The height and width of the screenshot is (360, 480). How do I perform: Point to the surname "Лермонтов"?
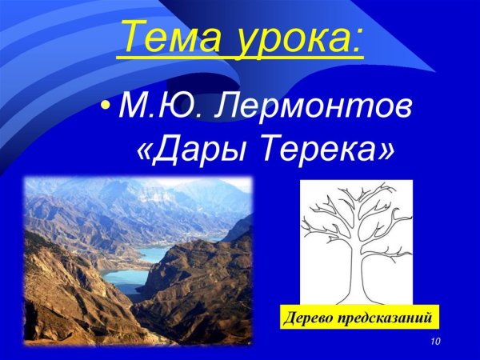coord(314,106)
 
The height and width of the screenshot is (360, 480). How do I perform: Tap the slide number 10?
coord(435,342)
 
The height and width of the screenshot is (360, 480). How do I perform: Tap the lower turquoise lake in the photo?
coord(125,279)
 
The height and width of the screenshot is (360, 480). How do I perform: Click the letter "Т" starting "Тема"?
coord(132,37)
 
